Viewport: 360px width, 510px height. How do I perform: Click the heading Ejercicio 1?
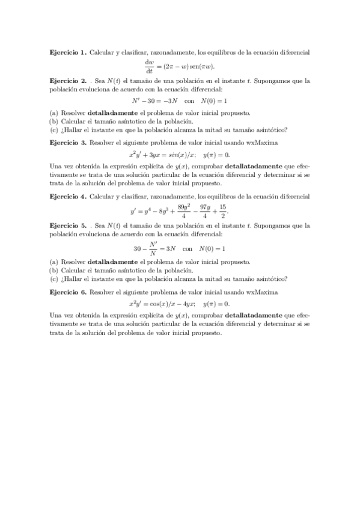[x=68, y=53]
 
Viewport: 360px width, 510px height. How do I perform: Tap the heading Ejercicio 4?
[x=68, y=196]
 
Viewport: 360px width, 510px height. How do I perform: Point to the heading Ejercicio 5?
[x=68, y=226]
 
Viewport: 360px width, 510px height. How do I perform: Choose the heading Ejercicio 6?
[x=68, y=291]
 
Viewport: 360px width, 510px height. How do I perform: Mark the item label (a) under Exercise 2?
[x=54, y=112]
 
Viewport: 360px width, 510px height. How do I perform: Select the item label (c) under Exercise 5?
[x=54, y=278]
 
